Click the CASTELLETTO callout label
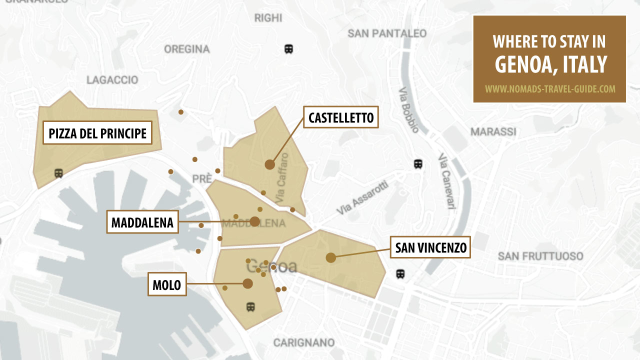[341, 117]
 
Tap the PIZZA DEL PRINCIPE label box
[97, 133]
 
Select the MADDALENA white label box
[142, 222]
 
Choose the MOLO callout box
[167, 284]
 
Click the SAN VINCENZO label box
[430, 247]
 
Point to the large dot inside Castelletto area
[270, 164]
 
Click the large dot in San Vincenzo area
[330, 257]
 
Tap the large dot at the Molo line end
[247, 284]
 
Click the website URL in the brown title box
[549, 89]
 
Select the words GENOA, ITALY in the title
[549, 64]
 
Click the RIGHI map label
[268, 18]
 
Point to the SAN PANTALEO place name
[387, 33]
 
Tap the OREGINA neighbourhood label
[187, 49]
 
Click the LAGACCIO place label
[112, 80]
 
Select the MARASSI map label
[493, 132]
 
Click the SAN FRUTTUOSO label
[540, 256]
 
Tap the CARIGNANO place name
[304, 343]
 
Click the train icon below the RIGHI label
[288, 49]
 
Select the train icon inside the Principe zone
[58, 173]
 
